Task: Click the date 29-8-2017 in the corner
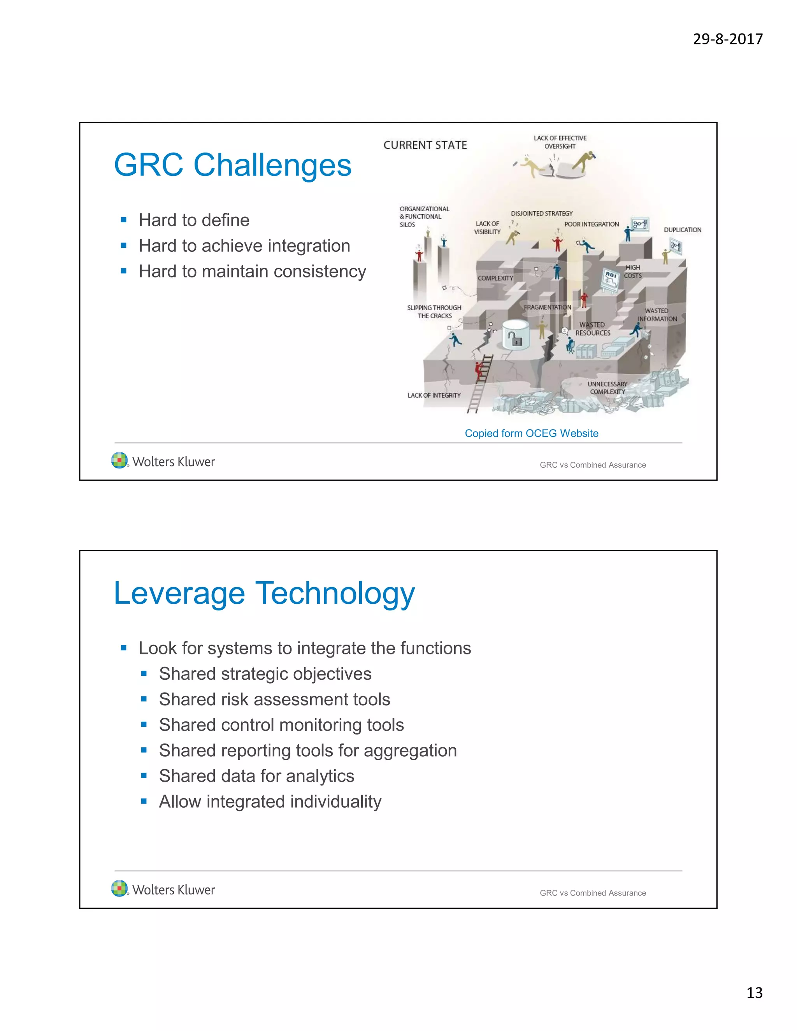point(728,39)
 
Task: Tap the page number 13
point(754,992)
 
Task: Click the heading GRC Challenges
point(233,165)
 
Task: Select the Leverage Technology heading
point(264,593)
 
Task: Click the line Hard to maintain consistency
point(252,272)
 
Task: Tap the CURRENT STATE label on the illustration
point(425,145)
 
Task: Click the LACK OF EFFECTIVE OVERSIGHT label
point(560,142)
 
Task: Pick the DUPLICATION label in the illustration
point(682,230)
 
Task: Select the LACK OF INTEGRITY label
point(434,395)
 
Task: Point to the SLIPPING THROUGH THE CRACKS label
point(434,312)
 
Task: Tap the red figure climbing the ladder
point(480,369)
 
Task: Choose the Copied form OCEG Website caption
point(531,433)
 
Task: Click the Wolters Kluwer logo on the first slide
point(163,461)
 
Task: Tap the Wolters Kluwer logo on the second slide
point(163,889)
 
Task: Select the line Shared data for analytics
point(256,776)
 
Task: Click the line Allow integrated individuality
point(270,801)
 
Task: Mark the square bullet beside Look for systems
point(124,648)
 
